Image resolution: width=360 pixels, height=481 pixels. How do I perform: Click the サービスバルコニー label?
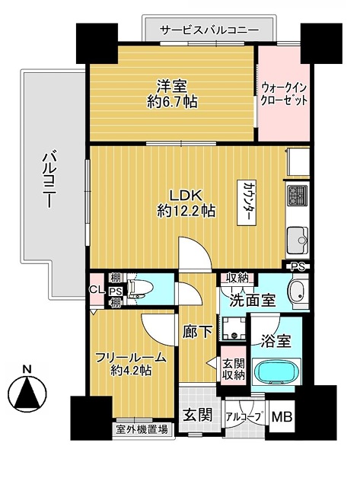click(210, 30)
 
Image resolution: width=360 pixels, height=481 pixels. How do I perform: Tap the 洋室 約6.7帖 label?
click(172, 94)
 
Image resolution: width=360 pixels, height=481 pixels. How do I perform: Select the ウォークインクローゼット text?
click(283, 94)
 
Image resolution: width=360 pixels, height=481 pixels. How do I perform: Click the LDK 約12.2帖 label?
click(186, 203)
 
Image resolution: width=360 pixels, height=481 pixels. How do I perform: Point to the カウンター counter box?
click(248, 202)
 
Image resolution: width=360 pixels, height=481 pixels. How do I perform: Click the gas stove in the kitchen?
click(297, 195)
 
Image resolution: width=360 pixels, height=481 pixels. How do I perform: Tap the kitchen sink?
click(297, 240)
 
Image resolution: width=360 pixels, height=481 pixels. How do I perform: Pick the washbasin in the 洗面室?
click(298, 291)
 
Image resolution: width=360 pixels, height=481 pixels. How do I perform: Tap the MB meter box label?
click(282, 417)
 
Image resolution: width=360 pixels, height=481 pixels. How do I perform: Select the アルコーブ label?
click(245, 417)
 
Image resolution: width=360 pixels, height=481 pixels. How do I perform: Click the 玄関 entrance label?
click(198, 415)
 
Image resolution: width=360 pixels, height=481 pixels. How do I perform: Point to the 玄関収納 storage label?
click(234, 369)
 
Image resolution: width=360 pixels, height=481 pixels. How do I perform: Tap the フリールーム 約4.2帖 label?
click(131, 364)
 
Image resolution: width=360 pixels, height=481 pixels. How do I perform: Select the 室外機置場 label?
click(142, 430)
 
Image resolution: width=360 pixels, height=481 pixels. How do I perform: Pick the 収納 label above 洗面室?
click(237, 278)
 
